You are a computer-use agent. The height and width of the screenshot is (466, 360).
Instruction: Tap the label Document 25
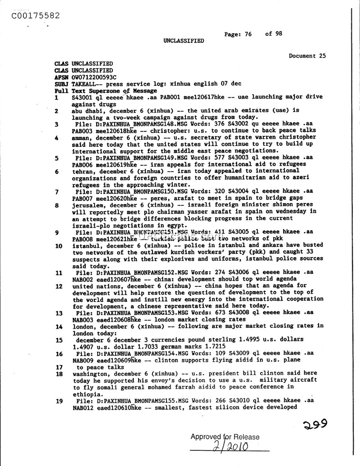click(x=308, y=56)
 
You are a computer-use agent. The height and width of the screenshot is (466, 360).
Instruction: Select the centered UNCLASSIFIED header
click(x=184, y=41)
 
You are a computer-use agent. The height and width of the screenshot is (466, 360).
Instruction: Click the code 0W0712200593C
click(x=94, y=77)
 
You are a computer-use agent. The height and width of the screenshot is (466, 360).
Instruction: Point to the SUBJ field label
click(x=62, y=84)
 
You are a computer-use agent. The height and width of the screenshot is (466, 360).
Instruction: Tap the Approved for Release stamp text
click(x=225, y=437)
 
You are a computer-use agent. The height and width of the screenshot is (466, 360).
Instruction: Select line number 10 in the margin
click(x=58, y=246)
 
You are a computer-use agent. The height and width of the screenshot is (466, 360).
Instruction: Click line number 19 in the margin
click(x=58, y=401)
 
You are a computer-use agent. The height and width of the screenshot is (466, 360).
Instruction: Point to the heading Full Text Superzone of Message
click(x=96, y=90)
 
